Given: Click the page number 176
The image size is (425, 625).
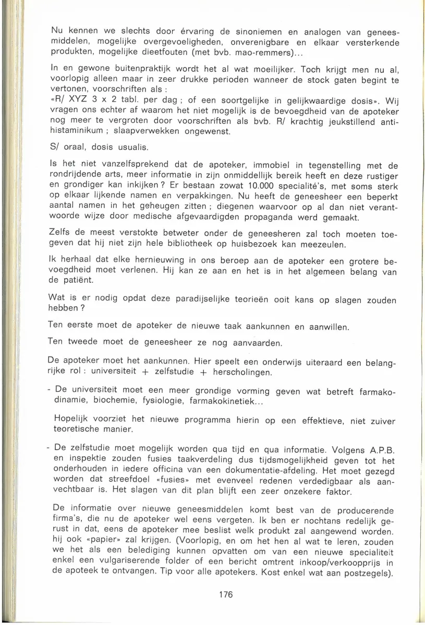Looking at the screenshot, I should tap(225, 594).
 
